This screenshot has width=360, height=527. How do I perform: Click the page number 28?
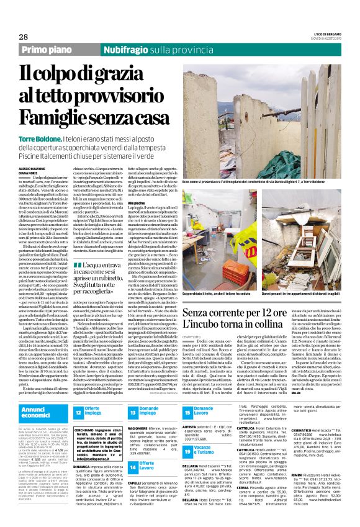coord(14,38)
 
